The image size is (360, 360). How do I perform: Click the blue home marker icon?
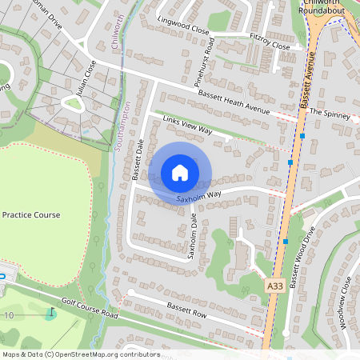click(x=180, y=173)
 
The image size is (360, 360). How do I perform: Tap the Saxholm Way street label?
click(x=199, y=195)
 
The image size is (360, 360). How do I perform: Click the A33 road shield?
click(x=274, y=285)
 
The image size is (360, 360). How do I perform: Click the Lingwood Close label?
click(x=183, y=28)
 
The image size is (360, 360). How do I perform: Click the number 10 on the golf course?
click(x=10, y=316)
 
